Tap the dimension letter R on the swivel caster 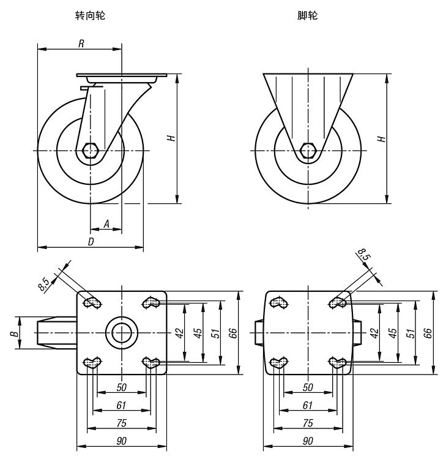click(x=81, y=43)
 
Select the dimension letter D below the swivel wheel click(x=91, y=242)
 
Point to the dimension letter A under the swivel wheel click(x=106, y=225)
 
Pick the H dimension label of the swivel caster click(x=173, y=138)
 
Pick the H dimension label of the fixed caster click(x=382, y=138)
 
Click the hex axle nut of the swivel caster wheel click(x=91, y=150)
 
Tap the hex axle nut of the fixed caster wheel click(x=308, y=150)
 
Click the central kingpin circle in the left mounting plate click(x=121, y=332)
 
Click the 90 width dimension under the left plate click(x=121, y=441)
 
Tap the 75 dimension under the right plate click(x=308, y=423)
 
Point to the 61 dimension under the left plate click(x=121, y=405)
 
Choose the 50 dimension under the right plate click(x=308, y=387)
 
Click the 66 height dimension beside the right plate click(x=428, y=332)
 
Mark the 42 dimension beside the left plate click(x=179, y=332)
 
